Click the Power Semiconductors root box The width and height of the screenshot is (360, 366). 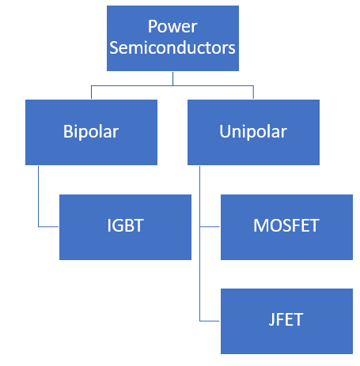point(172,37)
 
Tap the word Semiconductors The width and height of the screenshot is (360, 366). point(172,47)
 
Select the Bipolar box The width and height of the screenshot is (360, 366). point(92,131)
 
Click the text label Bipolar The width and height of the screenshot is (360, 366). point(92,131)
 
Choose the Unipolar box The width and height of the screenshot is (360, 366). point(253,131)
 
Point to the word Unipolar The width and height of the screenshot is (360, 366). point(253,131)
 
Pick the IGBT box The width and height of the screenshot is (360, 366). point(125,227)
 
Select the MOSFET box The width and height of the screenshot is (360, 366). point(286,227)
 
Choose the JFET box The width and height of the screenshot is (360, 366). point(286,321)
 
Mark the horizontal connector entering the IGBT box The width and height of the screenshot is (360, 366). point(49,227)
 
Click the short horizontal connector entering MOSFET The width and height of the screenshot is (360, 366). point(210,227)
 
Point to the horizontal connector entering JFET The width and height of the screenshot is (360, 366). point(210,321)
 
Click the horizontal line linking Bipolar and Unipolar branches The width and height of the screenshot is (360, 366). point(172,85)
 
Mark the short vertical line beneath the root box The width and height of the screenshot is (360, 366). point(172,79)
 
